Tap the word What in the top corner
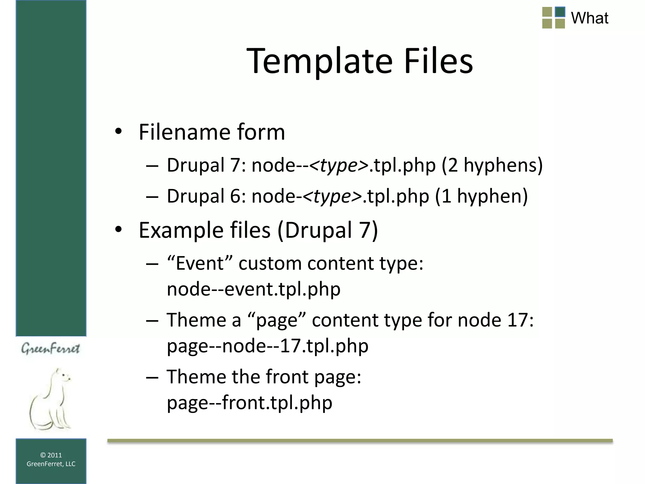pos(590,18)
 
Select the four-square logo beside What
pos(554,18)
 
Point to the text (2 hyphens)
pos(492,165)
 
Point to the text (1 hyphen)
pos(481,196)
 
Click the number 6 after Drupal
pos(235,196)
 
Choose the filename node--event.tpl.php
pos(254,289)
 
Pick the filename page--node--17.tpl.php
pos(267,346)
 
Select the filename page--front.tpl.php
pos(249,402)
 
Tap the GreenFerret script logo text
pos(50,349)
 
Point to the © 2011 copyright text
pos(51,455)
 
